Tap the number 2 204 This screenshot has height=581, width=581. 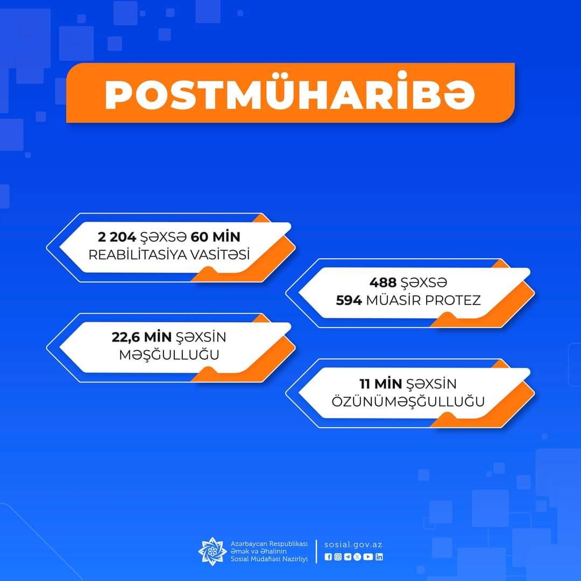[x=117, y=237]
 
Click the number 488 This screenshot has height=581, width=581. [x=383, y=282]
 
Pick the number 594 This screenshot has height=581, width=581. [x=349, y=300]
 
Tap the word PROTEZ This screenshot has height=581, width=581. [x=453, y=300]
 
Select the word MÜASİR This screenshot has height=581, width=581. [x=393, y=300]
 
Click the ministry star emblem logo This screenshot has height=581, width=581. [x=212, y=551]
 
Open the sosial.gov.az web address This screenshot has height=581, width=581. [x=353, y=544]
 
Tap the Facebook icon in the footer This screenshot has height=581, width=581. [x=328, y=557]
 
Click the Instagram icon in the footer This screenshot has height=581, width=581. [x=338, y=557]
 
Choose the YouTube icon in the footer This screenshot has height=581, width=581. [x=368, y=557]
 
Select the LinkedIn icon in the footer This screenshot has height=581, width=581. [x=379, y=557]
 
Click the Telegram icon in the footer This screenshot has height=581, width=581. [x=348, y=557]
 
